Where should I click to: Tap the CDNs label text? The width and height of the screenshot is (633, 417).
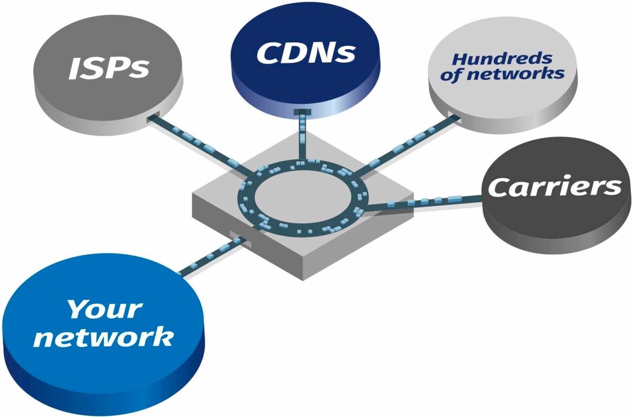click(x=306, y=52)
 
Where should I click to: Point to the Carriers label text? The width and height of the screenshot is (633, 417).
click(x=555, y=187)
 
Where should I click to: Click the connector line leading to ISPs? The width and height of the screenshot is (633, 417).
click(x=195, y=142)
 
